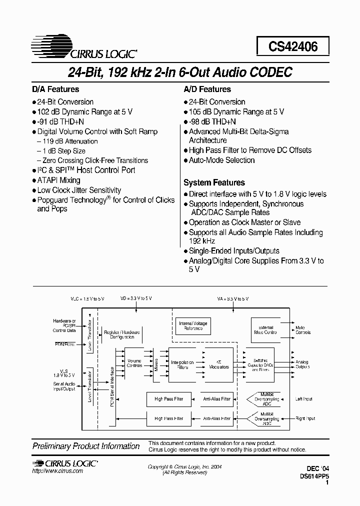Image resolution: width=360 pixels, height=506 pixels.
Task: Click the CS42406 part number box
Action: pyautogui.click(x=293, y=46)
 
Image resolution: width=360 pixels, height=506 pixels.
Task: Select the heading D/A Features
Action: pyautogui.click(x=55, y=89)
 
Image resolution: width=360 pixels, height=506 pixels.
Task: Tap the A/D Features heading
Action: pyautogui.click(x=207, y=89)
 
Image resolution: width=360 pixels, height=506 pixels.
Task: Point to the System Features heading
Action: pyautogui.click(x=214, y=183)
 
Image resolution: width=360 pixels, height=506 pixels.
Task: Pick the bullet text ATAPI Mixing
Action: pyautogui.click(x=58, y=180)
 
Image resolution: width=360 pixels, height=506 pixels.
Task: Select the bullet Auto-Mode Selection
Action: pyautogui.click(x=221, y=160)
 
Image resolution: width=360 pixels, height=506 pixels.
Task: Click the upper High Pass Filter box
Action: pyautogui.click(x=168, y=399)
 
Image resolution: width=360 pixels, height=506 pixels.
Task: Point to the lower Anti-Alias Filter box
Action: pyautogui.click(x=216, y=418)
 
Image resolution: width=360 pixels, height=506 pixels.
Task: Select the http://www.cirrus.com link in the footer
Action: pyautogui.click(x=57, y=471)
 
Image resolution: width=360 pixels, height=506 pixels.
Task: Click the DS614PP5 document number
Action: pyautogui.click(x=314, y=477)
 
